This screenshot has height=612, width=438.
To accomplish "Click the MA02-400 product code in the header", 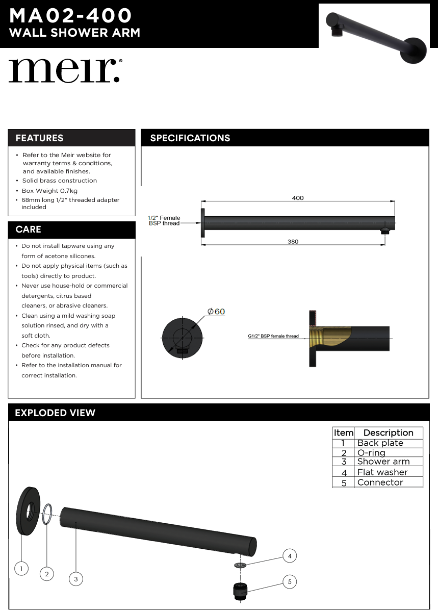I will coord(70,16).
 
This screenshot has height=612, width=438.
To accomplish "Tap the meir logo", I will coord(65,71).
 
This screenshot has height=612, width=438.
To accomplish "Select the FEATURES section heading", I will coord(40,138).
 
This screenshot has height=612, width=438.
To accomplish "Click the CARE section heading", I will coord(29,229).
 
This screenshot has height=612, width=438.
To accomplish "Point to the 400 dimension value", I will coord(298,198).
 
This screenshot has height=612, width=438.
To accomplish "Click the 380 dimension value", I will coord(293,242).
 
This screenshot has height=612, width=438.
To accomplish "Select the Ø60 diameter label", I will coord(216,312).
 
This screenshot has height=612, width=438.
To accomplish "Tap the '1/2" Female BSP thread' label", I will coord(164,220).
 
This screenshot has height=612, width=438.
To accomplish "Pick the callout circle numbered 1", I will coord(21,568).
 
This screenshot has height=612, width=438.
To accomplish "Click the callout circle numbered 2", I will coord(47,574).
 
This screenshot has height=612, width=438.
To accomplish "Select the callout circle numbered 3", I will coord(76,579).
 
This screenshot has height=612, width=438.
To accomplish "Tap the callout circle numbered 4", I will coord(290,556).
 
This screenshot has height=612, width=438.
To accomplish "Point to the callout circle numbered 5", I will coord(290,581).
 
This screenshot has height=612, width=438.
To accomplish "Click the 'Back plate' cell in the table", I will coord(380,443).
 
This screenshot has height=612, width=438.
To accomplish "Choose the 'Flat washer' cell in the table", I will coord(382,472).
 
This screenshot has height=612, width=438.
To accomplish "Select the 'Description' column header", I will coord(388,433).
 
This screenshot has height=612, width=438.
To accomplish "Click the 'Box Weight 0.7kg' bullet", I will coord(50,191).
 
